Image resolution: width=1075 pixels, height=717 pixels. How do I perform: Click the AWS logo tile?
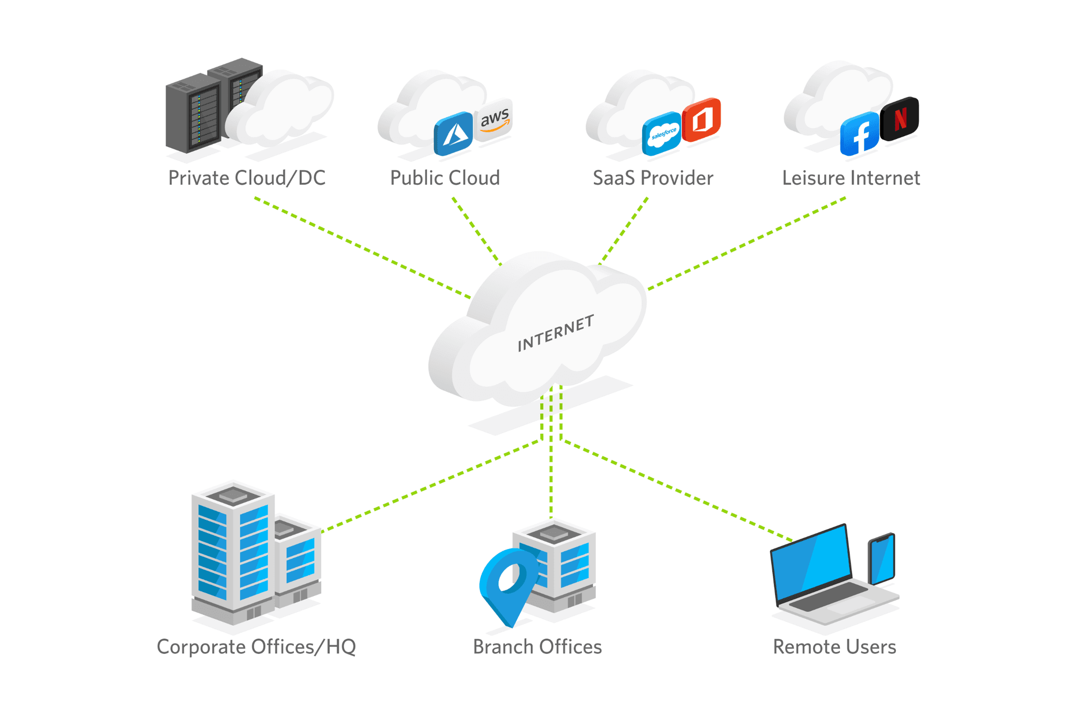(x=494, y=120)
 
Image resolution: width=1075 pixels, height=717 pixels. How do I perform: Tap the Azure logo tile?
(x=453, y=133)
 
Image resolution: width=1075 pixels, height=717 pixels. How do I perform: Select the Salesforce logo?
(x=661, y=133)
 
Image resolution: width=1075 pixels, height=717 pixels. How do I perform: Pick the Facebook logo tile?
(x=859, y=134)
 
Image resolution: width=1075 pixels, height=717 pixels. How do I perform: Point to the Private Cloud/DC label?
(x=247, y=178)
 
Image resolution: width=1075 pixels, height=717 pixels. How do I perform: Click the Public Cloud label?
(x=445, y=178)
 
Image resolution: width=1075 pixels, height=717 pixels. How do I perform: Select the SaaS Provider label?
(x=653, y=178)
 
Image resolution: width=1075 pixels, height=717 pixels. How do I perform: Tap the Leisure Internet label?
(x=850, y=178)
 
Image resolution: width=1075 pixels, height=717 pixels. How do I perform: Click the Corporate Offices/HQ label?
(x=256, y=647)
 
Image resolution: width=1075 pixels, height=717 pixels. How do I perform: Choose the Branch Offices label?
(x=537, y=647)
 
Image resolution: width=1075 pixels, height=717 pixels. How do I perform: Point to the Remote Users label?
(x=834, y=647)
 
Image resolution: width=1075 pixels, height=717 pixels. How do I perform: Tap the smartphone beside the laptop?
(x=882, y=559)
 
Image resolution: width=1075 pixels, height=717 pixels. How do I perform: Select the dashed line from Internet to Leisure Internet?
(x=747, y=243)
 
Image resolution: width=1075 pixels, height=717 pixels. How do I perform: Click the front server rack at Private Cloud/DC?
(x=193, y=115)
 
